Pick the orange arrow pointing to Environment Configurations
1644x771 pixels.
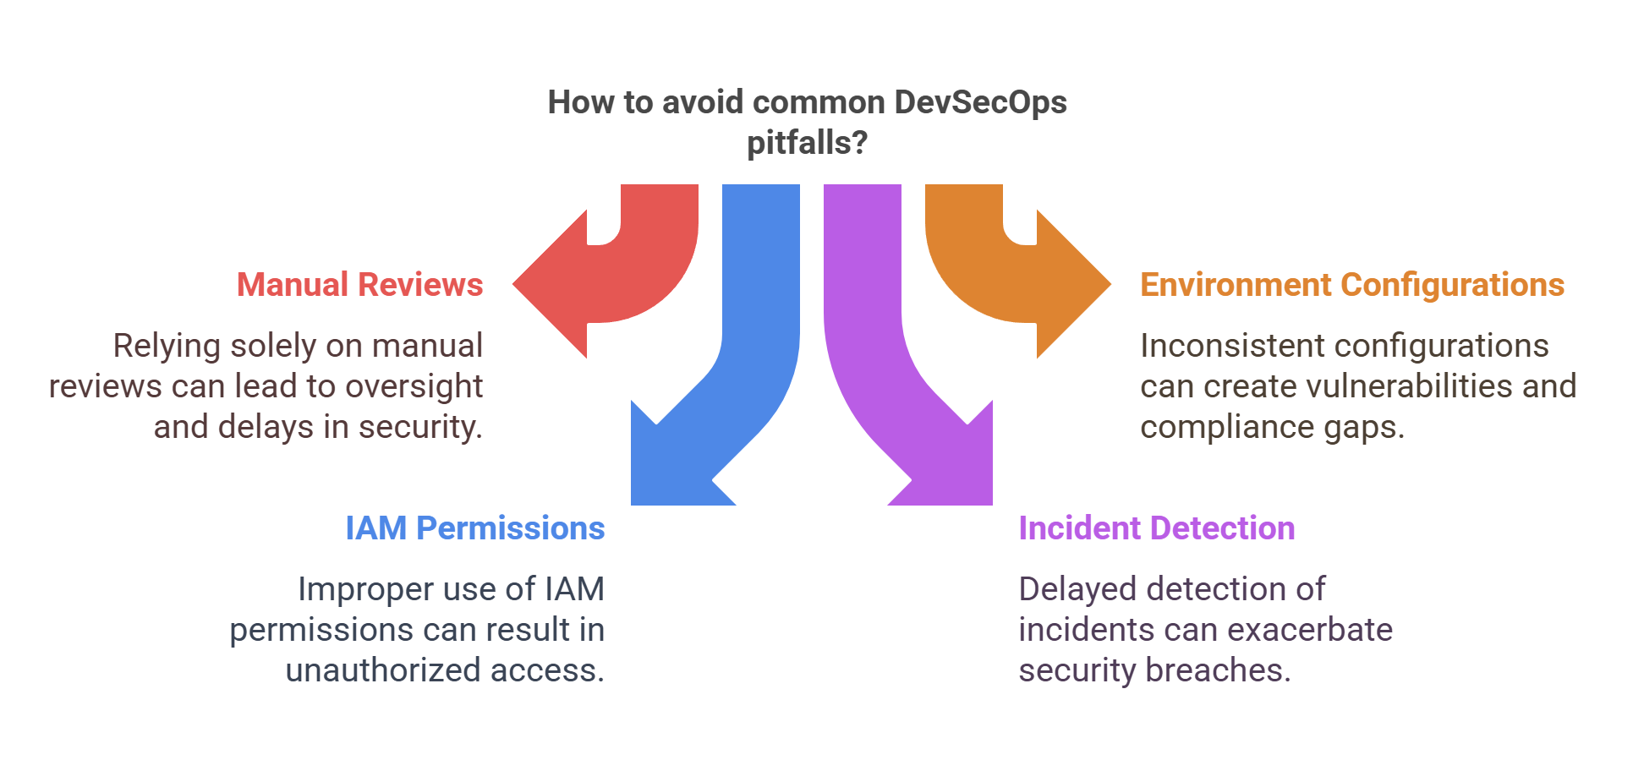[x=1032, y=283]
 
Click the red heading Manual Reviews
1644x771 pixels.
[x=359, y=285]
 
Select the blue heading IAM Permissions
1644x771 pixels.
[x=474, y=528]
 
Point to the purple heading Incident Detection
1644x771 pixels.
[x=1156, y=528]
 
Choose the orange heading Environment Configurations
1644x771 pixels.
[x=1351, y=285]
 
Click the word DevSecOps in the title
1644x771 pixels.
[x=980, y=102]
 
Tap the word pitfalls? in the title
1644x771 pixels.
[x=807, y=143]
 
